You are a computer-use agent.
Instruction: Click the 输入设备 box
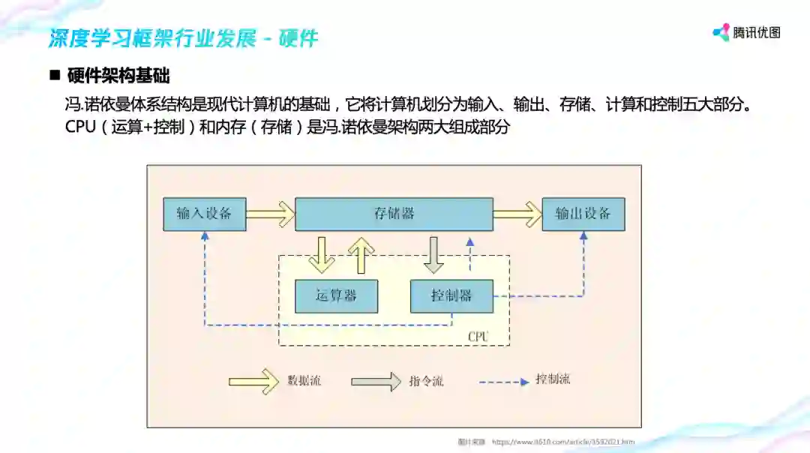(204, 214)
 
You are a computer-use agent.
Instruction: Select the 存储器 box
(394, 214)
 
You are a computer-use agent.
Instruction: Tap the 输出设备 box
(583, 214)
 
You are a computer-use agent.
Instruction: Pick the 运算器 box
(336, 296)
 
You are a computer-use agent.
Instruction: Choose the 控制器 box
(451, 296)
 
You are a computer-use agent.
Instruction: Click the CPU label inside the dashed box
(478, 337)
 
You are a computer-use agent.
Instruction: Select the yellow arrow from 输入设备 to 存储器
(270, 214)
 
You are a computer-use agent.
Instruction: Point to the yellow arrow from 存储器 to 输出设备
(517, 214)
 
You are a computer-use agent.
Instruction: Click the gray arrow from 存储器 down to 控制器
(433, 255)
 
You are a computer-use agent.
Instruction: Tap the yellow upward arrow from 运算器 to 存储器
(361, 255)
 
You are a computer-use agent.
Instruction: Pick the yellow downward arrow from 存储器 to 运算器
(322, 255)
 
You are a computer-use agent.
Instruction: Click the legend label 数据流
(304, 381)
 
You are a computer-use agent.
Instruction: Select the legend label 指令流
(426, 381)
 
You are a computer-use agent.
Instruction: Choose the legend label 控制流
(553, 379)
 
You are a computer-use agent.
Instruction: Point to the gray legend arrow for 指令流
(376, 381)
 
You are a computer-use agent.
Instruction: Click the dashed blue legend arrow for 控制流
(504, 382)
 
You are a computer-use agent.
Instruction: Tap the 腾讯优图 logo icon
(721, 32)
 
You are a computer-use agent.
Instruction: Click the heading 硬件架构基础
(118, 76)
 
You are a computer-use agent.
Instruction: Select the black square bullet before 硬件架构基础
(54, 76)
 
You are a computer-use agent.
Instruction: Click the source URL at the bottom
(562, 442)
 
